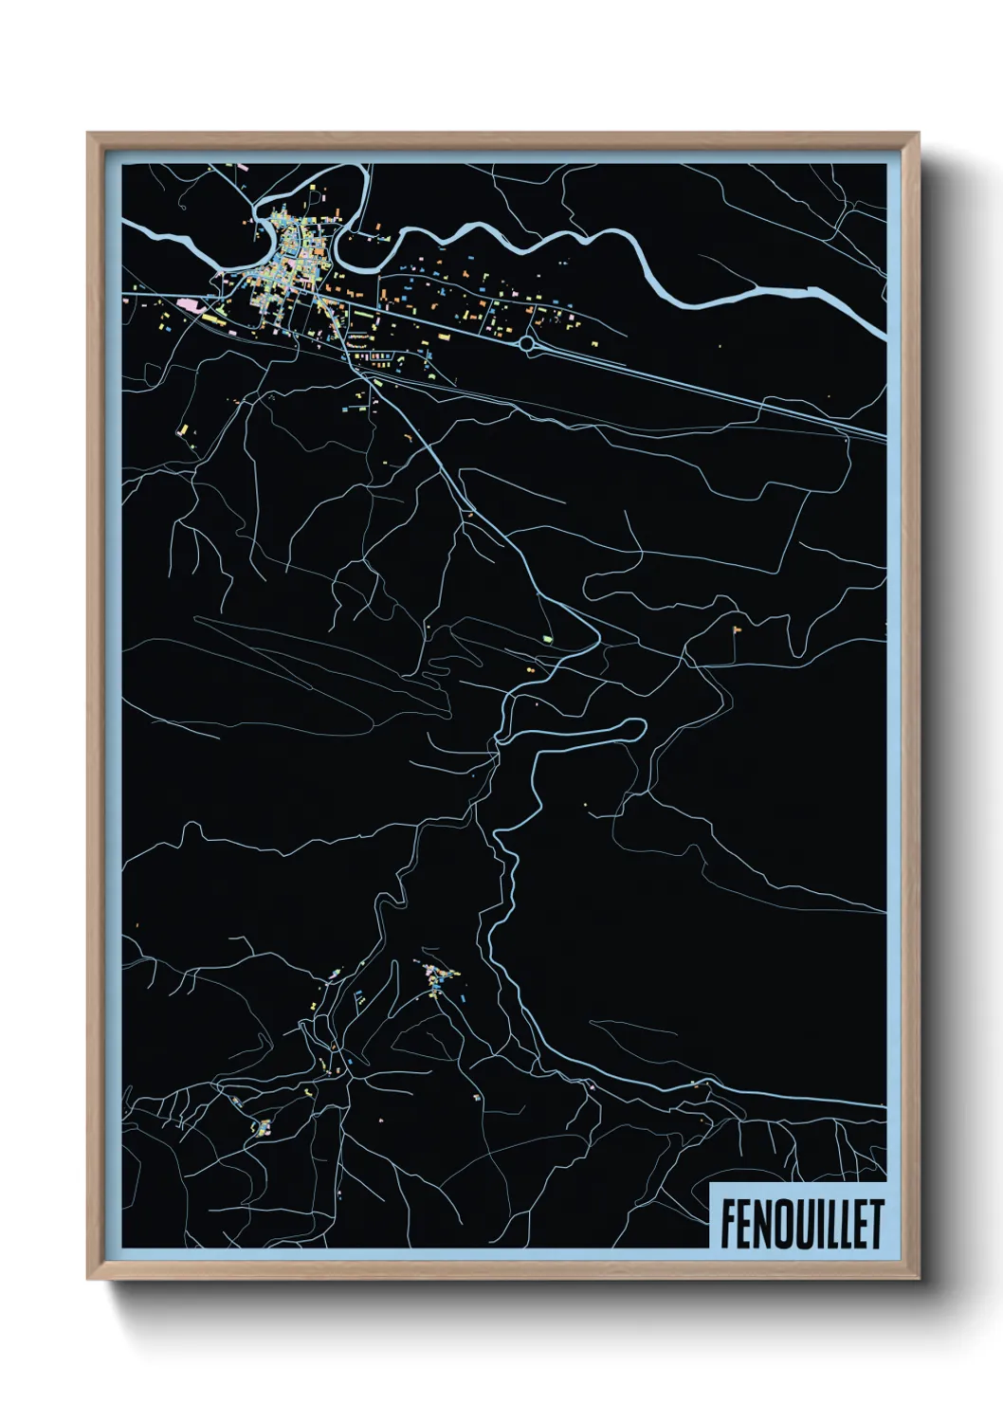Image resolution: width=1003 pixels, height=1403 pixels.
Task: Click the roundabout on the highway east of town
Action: pos(526,343)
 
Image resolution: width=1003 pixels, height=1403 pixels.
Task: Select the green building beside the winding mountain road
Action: pos(547,640)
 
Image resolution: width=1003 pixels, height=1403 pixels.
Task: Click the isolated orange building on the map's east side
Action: pos(736,628)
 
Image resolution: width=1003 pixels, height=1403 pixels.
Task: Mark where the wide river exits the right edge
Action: pos(884,333)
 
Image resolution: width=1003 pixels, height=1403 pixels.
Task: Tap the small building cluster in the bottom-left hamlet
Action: pos(264,1127)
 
